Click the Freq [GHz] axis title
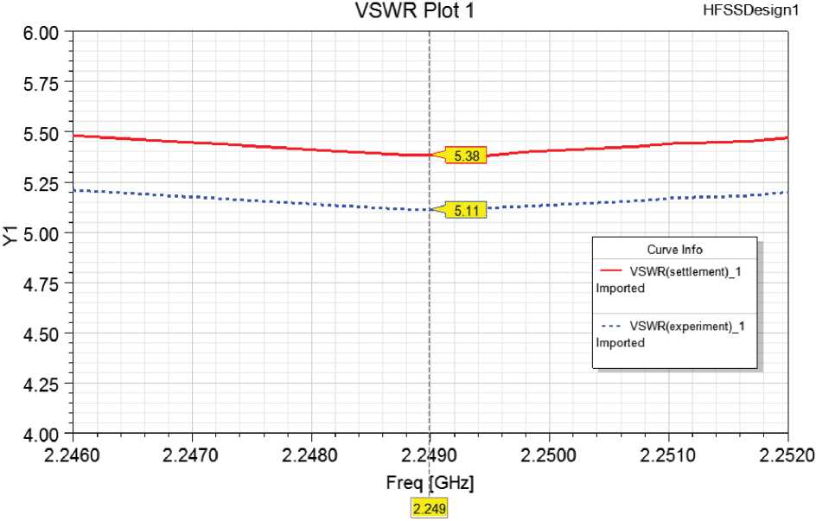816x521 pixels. point(430,481)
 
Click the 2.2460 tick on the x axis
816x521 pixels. point(73,454)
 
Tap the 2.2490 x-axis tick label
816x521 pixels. point(430,454)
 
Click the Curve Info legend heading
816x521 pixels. point(674,250)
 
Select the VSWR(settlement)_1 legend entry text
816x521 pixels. point(686,272)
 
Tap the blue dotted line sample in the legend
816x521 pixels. point(610,326)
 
